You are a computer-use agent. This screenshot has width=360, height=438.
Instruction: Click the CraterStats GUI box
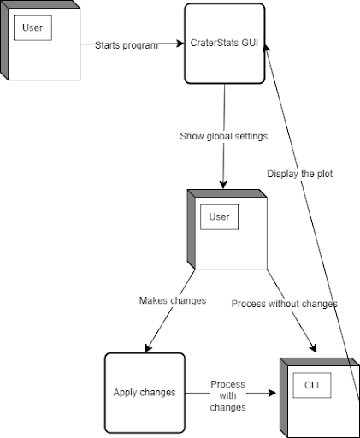(x=224, y=44)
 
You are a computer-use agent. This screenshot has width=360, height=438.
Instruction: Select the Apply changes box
(x=145, y=393)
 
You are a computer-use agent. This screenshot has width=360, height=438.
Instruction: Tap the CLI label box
(x=312, y=386)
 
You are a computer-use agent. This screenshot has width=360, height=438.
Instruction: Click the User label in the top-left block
(x=32, y=27)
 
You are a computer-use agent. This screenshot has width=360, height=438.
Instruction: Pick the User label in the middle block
(x=219, y=217)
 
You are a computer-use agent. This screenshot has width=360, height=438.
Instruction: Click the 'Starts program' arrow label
(x=127, y=45)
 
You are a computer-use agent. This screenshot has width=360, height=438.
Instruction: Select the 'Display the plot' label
(x=299, y=174)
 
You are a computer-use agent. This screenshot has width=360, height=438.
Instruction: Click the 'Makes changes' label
(x=173, y=300)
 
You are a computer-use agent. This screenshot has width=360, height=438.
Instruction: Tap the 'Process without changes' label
(x=284, y=304)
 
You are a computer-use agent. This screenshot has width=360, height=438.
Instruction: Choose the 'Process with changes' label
(x=227, y=396)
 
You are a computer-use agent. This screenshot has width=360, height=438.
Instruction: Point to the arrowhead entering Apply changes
(x=149, y=347)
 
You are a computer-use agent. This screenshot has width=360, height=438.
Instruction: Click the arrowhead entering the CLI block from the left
(x=274, y=394)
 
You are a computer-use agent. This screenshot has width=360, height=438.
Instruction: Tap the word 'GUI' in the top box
(x=250, y=44)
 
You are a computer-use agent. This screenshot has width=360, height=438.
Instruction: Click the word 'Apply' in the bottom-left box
(x=126, y=393)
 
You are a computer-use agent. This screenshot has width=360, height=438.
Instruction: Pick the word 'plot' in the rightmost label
(x=322, y=174)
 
